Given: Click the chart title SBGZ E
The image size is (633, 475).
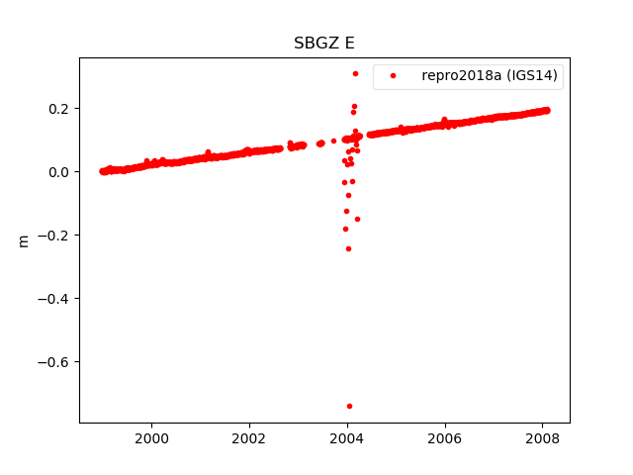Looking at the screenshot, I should click(323, 44).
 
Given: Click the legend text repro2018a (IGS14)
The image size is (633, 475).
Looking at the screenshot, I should click(490, 75).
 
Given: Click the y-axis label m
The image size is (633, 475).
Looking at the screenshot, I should click(24, 240).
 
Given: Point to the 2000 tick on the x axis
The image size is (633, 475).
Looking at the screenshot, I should click(151, 438).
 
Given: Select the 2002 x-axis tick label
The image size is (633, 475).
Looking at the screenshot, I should click(249, 438).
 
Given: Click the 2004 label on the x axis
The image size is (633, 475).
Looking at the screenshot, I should click(347, 438).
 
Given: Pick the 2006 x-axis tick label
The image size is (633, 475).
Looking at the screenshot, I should click(445, 438).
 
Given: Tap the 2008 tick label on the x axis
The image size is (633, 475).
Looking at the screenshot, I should click(542, 438).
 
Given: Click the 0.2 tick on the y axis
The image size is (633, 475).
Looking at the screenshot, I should click(58, 108).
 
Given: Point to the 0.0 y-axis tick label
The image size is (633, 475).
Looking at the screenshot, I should click(58, 171).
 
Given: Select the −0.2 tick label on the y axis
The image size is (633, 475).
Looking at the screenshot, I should click(53, 235).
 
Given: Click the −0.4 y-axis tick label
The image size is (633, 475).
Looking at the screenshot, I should click(53, 298).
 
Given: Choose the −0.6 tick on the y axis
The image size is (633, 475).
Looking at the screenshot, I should click(53, 361).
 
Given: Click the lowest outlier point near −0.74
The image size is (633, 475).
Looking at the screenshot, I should click(349, 406).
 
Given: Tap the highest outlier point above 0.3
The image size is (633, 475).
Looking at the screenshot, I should click(355, 73).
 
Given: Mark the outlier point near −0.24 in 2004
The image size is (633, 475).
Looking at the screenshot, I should click(348, 248).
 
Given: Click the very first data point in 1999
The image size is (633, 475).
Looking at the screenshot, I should click(102, 171).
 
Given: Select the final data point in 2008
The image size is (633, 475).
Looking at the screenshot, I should click(547, 110).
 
